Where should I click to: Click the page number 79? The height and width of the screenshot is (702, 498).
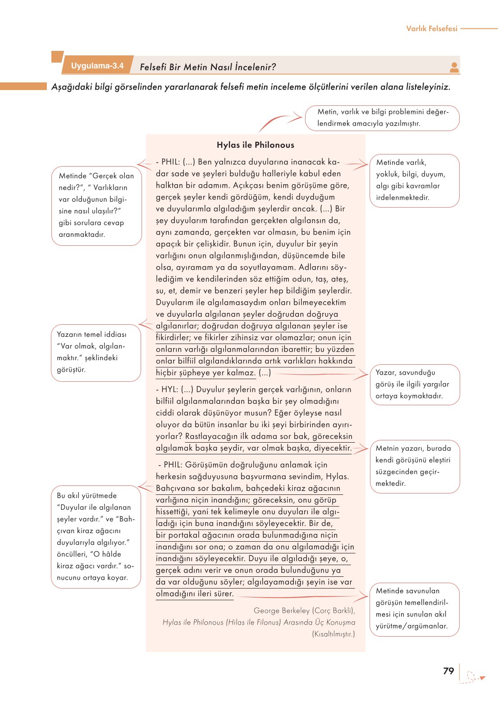[x=448, y=671]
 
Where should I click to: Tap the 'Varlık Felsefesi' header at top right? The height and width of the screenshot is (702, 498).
[x=431, y=28]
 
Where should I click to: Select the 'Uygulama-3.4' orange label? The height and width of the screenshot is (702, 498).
[x=97, y=66]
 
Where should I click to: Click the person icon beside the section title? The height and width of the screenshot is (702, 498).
[x=454, y=68]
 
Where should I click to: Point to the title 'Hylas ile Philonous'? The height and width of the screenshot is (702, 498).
[x=255, y=145]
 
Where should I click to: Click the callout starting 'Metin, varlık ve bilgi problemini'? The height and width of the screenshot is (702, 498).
[x=382, y=118]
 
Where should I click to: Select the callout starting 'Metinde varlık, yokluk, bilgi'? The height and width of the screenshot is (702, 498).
[x=414, y=181]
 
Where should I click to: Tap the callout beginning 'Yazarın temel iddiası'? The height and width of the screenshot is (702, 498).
[x=96, y=353]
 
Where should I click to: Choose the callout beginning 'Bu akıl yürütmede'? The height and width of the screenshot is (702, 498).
[x=96, y=537]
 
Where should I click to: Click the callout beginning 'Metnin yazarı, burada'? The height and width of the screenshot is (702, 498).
[x=414, y=466]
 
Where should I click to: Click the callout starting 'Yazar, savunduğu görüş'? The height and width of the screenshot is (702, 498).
[x=414, y=385]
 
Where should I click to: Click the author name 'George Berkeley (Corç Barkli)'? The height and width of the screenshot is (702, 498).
[x=304, y=611]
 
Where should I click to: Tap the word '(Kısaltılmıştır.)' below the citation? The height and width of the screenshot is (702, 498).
[x=334, y=634]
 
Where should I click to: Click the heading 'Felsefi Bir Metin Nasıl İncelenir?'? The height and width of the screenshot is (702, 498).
[x=208, y=67]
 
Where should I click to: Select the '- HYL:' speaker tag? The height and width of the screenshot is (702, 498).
[x=167, y=389]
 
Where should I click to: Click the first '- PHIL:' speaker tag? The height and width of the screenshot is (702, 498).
[x=168, y=162]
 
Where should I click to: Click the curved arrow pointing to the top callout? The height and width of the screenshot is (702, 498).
[x=279, y=122]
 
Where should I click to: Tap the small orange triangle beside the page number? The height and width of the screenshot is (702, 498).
[x=482, y=678]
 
